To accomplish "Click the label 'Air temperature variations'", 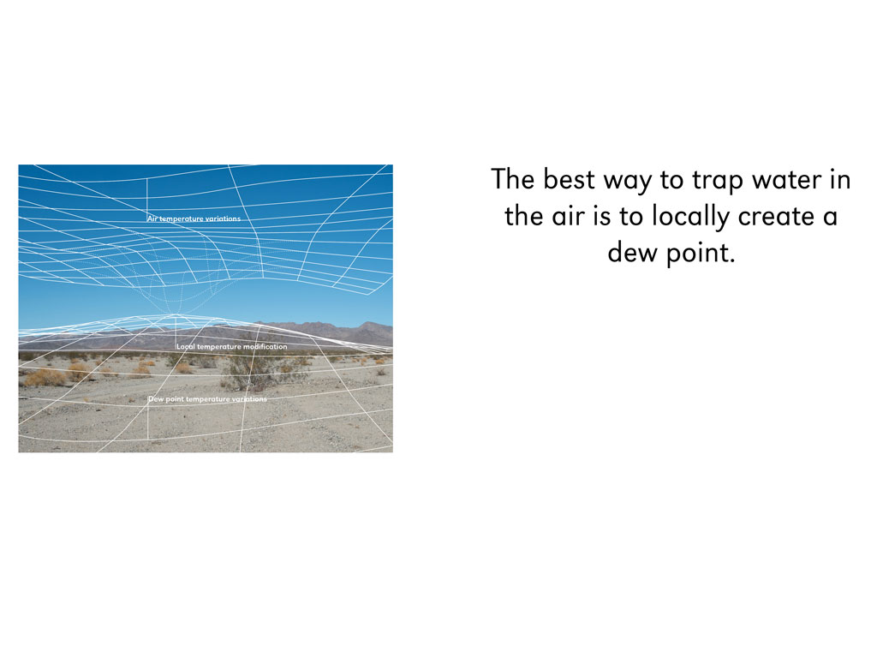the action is (194, 218).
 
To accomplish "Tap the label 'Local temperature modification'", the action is (232, 347).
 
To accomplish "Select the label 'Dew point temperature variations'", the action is (207, 399).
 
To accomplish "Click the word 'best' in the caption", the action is (570, 180).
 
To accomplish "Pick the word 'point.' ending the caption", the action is (701, 254).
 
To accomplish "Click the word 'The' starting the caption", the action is (512, 180).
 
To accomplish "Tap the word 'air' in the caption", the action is (569, 217).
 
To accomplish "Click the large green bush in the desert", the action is (250, 370).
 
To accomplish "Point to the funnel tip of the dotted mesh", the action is (175, 314).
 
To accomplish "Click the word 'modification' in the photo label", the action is (265, 347).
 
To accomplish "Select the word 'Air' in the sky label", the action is (152, 218).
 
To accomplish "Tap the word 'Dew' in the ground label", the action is (156, 399).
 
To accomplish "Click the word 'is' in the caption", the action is (601, 217).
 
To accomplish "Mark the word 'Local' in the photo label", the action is (186, 347).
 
